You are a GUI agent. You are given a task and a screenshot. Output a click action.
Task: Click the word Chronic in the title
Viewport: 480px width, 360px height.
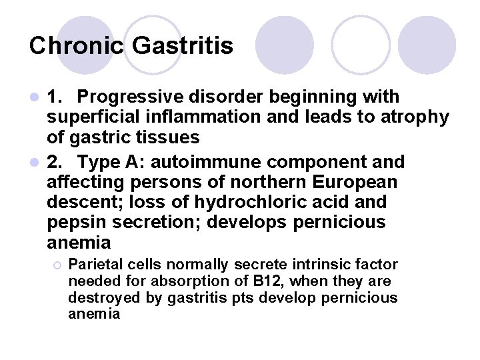click(x=77, y=45)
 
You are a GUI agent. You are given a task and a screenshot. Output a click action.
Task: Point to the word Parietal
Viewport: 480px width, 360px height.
click(x=95, y=265)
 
